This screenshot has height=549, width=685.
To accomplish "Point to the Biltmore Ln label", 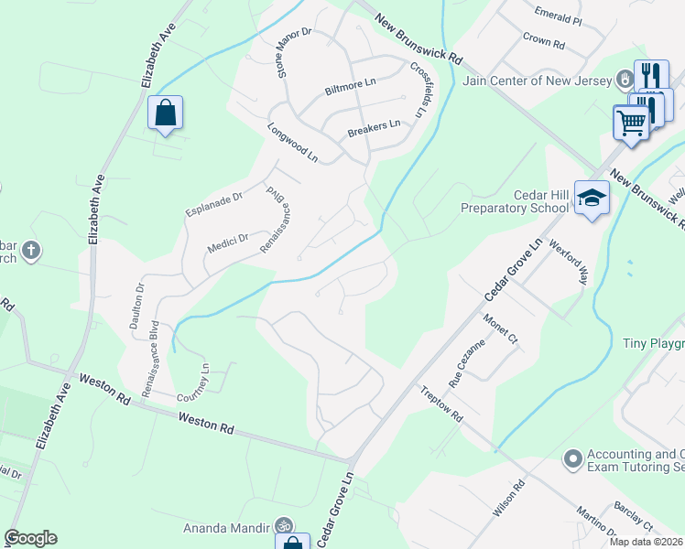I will pos(351,91).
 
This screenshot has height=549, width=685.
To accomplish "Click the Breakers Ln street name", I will pos(374,128).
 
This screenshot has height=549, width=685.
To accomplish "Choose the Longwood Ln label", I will pos(292,144).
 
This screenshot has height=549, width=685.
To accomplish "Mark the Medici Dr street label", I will pos(228,242).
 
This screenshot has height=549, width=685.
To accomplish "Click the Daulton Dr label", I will pos(140,299).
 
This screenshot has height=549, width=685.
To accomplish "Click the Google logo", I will pos(30,538).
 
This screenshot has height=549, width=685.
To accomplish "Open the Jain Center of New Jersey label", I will pos(538,81).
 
